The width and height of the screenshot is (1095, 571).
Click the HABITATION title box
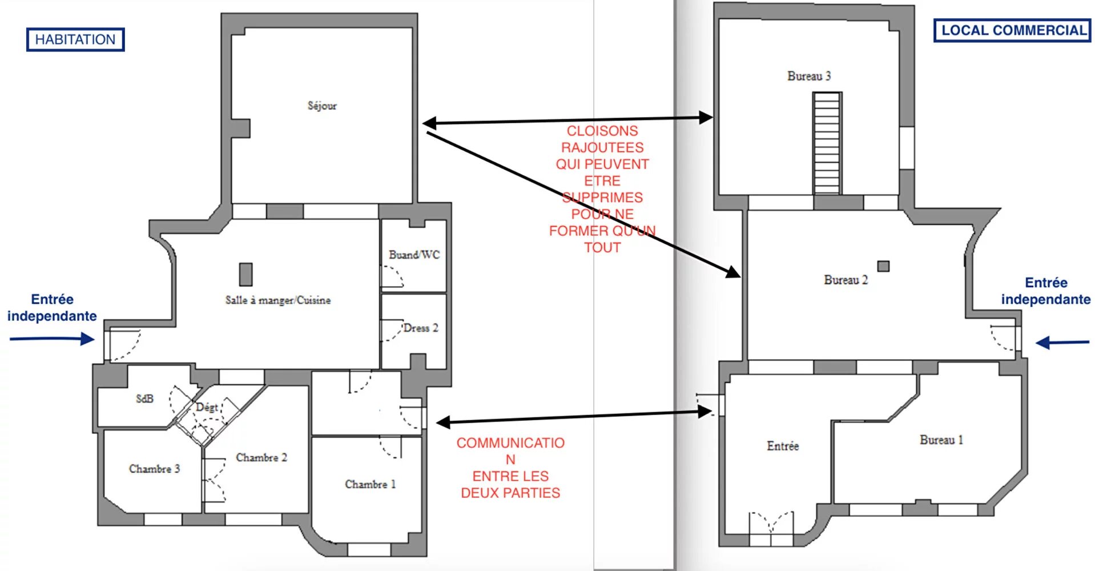click(75, 39)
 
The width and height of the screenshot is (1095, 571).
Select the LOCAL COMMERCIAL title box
click(1012, 30)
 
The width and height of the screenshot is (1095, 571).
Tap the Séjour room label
click(322, 106)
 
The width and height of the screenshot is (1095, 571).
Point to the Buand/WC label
click(414, 255)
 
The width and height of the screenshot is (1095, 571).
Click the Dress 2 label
click(421, 328)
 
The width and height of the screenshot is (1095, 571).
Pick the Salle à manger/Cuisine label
click(278, 300)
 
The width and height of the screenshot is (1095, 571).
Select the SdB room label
click(145, 399)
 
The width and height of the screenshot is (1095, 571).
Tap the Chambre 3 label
click(154, 469)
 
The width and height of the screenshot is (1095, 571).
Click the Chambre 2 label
click(261, 457)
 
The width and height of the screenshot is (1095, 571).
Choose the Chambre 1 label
click(370, 484)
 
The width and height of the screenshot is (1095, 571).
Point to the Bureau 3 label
click(809, 76)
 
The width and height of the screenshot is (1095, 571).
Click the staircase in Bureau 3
click(827, 143)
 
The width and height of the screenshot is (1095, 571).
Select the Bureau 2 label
click(846, 280)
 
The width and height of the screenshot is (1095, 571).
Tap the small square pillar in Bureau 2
click(883, 266)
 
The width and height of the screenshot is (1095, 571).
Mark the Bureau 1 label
click(941, 440)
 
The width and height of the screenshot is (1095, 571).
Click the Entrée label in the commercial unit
click(783, 446)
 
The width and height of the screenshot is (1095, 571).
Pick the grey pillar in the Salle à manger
click(246, 274)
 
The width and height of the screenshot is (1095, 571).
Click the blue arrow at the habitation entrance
click(52, 339)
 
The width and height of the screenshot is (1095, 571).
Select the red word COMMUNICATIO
click(510, 443)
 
